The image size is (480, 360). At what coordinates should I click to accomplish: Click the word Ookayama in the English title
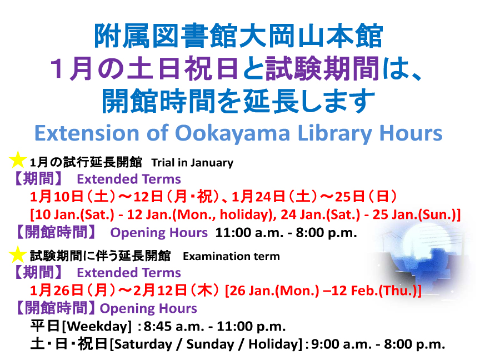232,134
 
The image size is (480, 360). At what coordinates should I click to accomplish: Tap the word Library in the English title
334,134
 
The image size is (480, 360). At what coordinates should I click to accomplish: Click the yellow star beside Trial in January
18,159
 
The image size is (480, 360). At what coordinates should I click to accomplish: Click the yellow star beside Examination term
18,254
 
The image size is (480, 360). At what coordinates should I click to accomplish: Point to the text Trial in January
192,163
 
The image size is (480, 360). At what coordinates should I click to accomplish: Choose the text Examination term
232,256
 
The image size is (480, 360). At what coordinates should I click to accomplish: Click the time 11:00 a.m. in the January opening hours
249,233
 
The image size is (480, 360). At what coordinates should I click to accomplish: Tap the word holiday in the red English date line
246,214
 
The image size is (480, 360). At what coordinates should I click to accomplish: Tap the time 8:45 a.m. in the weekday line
174,327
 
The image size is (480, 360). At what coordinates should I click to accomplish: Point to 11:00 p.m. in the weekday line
251,327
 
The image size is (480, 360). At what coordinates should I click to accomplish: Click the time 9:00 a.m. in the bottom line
341,344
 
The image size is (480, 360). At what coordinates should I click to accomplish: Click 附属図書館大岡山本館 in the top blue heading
238,36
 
